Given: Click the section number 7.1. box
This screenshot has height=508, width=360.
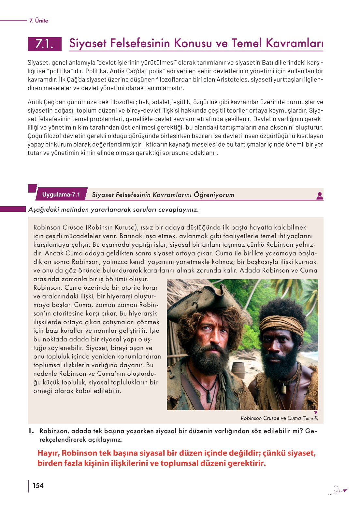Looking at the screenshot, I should coord(45,44).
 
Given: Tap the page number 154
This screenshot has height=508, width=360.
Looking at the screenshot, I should coord(38,486).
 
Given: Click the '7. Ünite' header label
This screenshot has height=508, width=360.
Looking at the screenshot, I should coord(38,21).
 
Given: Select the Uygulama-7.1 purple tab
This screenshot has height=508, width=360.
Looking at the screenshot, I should coord(61,195).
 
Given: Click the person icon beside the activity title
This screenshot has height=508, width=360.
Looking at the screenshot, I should coord(320,196).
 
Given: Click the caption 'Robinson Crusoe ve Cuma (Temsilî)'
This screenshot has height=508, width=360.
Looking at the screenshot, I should coord(280,418).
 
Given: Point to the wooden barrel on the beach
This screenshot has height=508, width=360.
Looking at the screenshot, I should coord(239,370).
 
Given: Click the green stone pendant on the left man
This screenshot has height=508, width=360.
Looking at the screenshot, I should coord(209,396).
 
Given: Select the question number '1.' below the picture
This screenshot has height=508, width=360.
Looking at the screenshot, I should coord(31,431).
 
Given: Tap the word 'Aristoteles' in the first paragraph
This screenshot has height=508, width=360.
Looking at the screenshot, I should coord(232,80).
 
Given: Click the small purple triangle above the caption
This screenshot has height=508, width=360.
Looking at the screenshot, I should coord(315,413).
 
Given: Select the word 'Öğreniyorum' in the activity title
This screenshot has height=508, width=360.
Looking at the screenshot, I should coord(214,195).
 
